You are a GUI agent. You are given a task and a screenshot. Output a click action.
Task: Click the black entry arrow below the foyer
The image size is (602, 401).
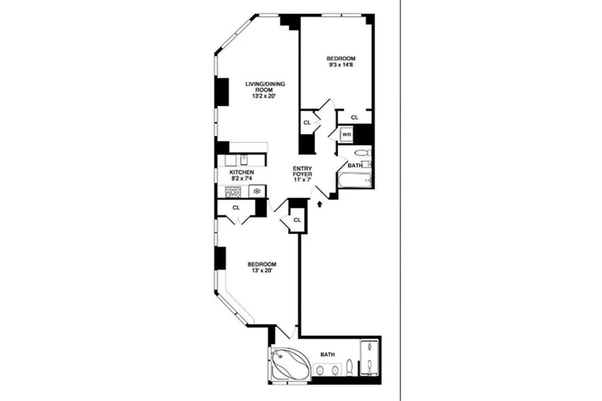tap(320, 204)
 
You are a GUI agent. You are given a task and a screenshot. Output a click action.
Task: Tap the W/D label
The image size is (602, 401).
tap(346, 135)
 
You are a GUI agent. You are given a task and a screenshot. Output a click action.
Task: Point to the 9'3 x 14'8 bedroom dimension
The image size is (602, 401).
tap(342, 65)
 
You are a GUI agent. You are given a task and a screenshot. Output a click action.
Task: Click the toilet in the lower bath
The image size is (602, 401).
tap(350, 368)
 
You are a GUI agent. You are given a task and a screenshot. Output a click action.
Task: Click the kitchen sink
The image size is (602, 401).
tap(244, 160)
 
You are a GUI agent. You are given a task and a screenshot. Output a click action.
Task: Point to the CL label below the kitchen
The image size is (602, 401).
tap(236, 208)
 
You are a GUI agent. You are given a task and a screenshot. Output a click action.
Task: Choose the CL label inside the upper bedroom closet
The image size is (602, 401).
tap(355, 117)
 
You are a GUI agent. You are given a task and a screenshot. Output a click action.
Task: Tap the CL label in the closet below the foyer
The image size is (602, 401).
tap(297, 220)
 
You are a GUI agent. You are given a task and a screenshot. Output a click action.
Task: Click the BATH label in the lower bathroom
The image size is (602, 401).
tap(328, 355)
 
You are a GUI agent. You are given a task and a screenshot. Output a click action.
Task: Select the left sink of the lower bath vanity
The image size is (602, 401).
tap(319, 371)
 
